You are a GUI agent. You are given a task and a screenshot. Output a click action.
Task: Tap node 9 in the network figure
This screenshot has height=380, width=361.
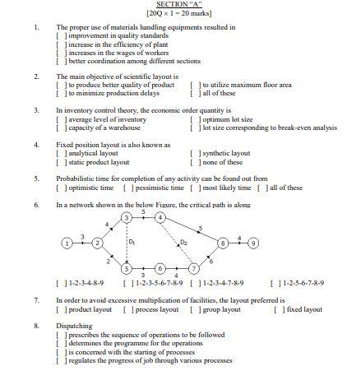pos(254,244)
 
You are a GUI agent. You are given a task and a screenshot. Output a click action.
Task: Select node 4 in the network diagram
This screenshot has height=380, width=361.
pos(160,218)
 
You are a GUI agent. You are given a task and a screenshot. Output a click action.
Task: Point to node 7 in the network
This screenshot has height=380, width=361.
pos(194,269)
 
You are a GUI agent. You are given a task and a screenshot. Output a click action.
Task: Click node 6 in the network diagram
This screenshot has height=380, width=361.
pos(160,269)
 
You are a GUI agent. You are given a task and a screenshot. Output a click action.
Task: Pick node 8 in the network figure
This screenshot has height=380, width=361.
pos(221,244)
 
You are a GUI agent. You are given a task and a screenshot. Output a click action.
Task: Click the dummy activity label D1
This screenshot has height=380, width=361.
pos(132,243)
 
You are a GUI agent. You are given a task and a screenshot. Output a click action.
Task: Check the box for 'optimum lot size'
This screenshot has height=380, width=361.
pos(195,119)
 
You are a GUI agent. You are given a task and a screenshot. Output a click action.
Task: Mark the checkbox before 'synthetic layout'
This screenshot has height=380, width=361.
pos(195,154)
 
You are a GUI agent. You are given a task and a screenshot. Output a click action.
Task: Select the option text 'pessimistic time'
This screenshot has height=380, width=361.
pos(155,188)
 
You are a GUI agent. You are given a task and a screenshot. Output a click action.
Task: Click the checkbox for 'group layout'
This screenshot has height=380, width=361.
pos(195,309)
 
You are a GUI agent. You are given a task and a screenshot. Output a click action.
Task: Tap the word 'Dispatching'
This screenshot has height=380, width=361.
pos(73,327)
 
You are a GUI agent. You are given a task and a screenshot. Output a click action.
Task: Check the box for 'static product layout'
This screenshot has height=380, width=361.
pos(60,162)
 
